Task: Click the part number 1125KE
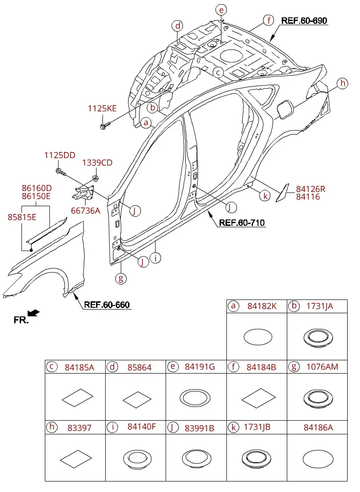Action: (102, 108)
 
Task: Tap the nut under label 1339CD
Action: (96, 178)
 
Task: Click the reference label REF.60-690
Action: (304, 21)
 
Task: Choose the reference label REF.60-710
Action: (242, 223)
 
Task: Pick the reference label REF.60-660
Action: (107, 305)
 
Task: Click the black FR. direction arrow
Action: (33, 313)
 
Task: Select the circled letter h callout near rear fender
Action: (343, 83)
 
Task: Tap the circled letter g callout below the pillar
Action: (121, 278)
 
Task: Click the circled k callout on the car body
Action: (265, 196)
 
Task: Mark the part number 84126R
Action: (311, 189)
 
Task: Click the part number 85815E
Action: (22, 217)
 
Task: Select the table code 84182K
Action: (262, 306)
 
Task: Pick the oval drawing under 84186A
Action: (318, 459)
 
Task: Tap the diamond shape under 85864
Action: (137, 400)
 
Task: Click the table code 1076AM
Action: (322, 367)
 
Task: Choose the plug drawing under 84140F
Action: (137, 459)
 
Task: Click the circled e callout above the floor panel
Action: (221, 10)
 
